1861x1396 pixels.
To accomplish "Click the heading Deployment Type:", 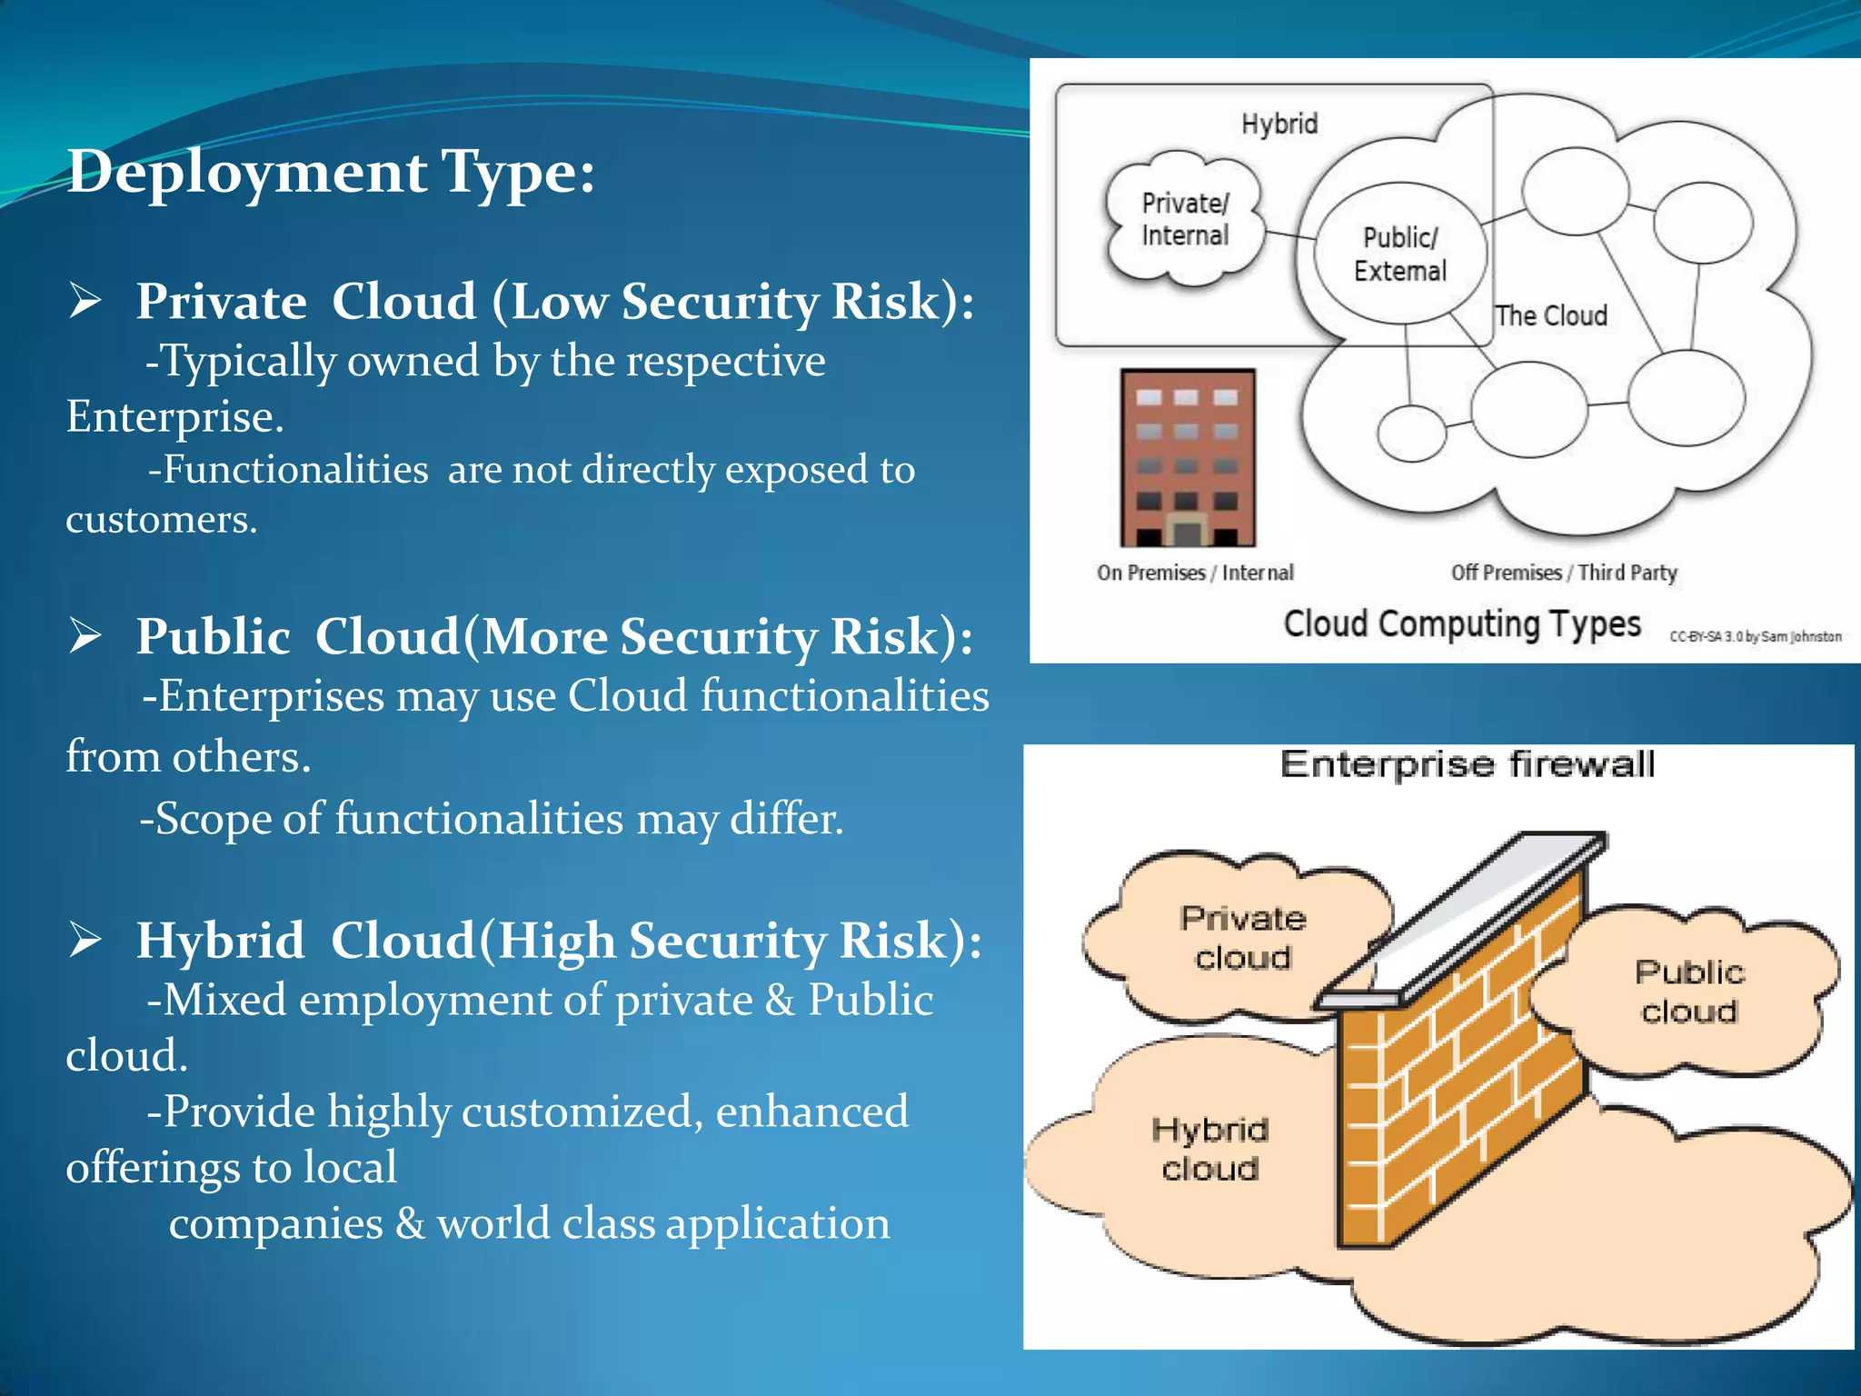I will click(x=331, y=172).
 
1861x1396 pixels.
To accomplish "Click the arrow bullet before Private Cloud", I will click(x=85, y=301).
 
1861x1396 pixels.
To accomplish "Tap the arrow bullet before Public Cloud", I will click(x=85, y=635).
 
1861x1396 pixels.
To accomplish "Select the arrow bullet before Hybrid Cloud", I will click(x=85, y=940).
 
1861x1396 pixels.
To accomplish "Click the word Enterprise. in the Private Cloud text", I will click(x=174, y=417).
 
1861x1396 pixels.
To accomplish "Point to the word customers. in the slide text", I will click(x=162, y=520).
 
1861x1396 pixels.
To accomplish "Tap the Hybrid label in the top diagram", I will click(x=1279, y=124).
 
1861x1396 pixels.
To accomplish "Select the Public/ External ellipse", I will click(x=1399, y=254).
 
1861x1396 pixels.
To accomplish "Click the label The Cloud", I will click(x=1551, y=315).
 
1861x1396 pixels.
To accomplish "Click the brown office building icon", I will click(x=1188, y=457).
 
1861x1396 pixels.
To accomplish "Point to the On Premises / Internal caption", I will click(x=1195, y=573).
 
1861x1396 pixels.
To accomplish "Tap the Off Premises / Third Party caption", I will click(x=1564, y=573).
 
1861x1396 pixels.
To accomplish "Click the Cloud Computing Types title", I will click(x=1462, y=624).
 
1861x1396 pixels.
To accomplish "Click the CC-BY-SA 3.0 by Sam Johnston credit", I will click(x=1755, y=636).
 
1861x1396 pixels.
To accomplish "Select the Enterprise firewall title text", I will click(x=1467, y=764).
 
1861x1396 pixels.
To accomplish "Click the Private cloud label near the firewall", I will click(x=1243, y=937).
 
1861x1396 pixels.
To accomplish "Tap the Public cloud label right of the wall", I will click(x=1689, y=992).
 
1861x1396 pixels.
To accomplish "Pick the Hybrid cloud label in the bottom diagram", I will click(x=1210, y=1149).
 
